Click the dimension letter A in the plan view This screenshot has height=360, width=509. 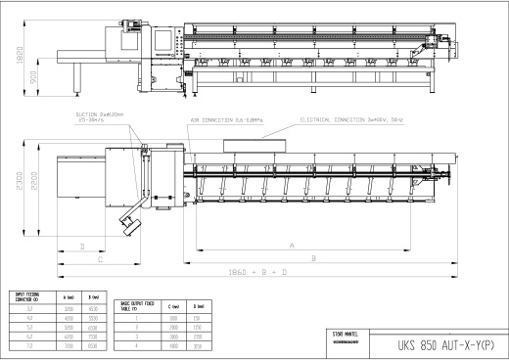pyautogui.click(x=293, y=246)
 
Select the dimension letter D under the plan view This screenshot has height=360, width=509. pyautogui.click(x=81, y=247)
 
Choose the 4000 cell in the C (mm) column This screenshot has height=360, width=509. pyautogui.click(x=174, y=345)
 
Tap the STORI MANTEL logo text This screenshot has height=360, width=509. pyautogui.click(x=346, y=334)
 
